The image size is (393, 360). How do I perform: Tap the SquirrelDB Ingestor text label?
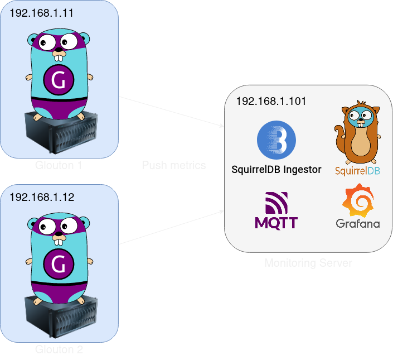click(276, 170)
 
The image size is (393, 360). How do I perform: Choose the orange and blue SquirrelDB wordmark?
click(357, 170)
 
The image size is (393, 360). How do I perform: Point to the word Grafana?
click(358, 224)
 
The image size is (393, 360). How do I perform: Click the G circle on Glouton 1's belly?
click(59, 81)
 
